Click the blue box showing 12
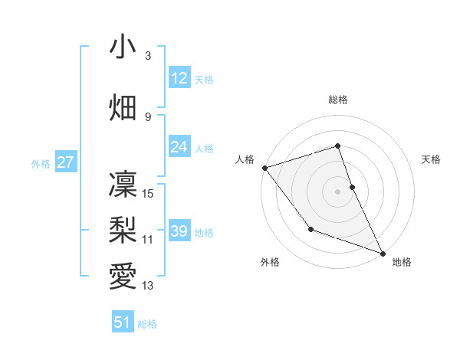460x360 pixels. click(179, 78)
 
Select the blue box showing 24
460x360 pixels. click(179, 147)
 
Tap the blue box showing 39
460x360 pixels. click(179, 231)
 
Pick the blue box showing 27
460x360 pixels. click(66, 162)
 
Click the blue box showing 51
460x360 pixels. click(123, 322)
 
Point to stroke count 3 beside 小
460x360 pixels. click(148, 56)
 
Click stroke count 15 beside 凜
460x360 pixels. click(148, 194)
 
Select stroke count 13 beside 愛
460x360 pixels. click(148, 286)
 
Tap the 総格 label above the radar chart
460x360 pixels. click(338, 100)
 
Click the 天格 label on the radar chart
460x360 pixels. click(431, 159)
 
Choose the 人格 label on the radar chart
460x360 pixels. click(245, 159)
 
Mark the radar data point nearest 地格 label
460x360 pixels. click(383, 254)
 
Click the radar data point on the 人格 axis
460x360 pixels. click(264, 168)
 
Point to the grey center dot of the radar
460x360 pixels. click(338, 191)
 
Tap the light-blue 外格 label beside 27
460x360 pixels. click(40, 163)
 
